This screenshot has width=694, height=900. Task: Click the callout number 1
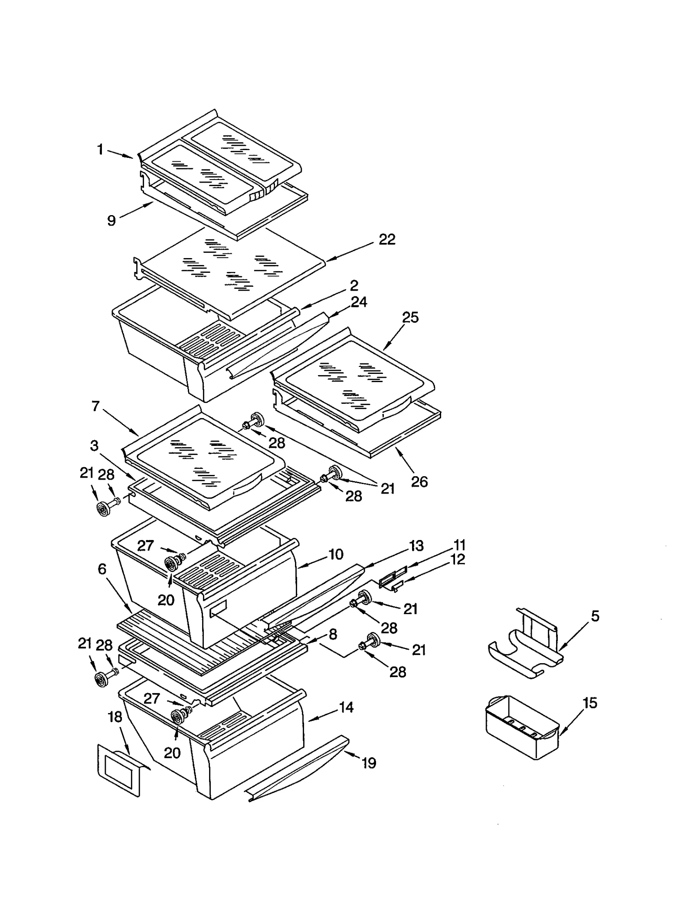tap(100, 150)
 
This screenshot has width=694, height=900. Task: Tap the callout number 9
tap(111, 221)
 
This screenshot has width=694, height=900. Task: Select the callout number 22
tap(387, 239)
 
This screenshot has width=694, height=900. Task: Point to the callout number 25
tap(410, 317)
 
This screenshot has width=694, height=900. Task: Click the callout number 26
tap(419, 481)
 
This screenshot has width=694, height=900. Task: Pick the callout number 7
tap(96, 406)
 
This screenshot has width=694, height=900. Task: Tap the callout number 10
tap(336, 554)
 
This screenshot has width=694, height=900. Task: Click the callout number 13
tap(416, 546)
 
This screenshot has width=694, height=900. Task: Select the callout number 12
tap(458, 560)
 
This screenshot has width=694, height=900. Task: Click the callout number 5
tap(595, 616)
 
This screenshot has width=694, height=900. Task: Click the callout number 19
tap(369, 763)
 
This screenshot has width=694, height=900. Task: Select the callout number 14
tap(346, 707)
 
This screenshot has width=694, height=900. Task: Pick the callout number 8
tap(333, 635)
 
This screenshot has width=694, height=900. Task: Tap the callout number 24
tap(359, 302)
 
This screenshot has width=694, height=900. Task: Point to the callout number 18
tap(115, 717)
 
